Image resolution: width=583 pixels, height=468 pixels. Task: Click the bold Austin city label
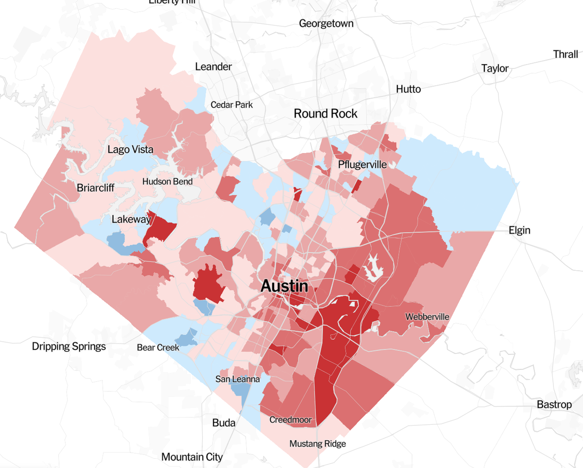point(284,286)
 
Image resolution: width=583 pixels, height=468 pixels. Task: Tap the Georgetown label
point(326,23)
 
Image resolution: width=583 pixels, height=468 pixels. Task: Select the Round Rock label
point(326,114)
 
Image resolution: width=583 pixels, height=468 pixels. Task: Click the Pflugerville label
point(362,165)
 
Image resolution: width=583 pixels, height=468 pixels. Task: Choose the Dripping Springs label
point(69,347)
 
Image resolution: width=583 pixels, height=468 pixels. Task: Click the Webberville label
point(428,317)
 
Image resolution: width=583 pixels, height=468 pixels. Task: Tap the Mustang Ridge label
point(317,444)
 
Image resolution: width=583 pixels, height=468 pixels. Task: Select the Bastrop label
point(554,404)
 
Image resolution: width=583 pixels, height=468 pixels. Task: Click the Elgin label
point(519,230)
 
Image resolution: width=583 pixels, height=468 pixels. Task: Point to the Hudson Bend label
point(167,182)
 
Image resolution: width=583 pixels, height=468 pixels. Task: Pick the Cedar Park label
point(231,104)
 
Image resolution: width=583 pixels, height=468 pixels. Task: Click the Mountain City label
point(192,457)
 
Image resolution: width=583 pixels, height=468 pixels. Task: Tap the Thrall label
point(566,54)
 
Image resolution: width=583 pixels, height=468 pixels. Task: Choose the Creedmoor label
point(290,420)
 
